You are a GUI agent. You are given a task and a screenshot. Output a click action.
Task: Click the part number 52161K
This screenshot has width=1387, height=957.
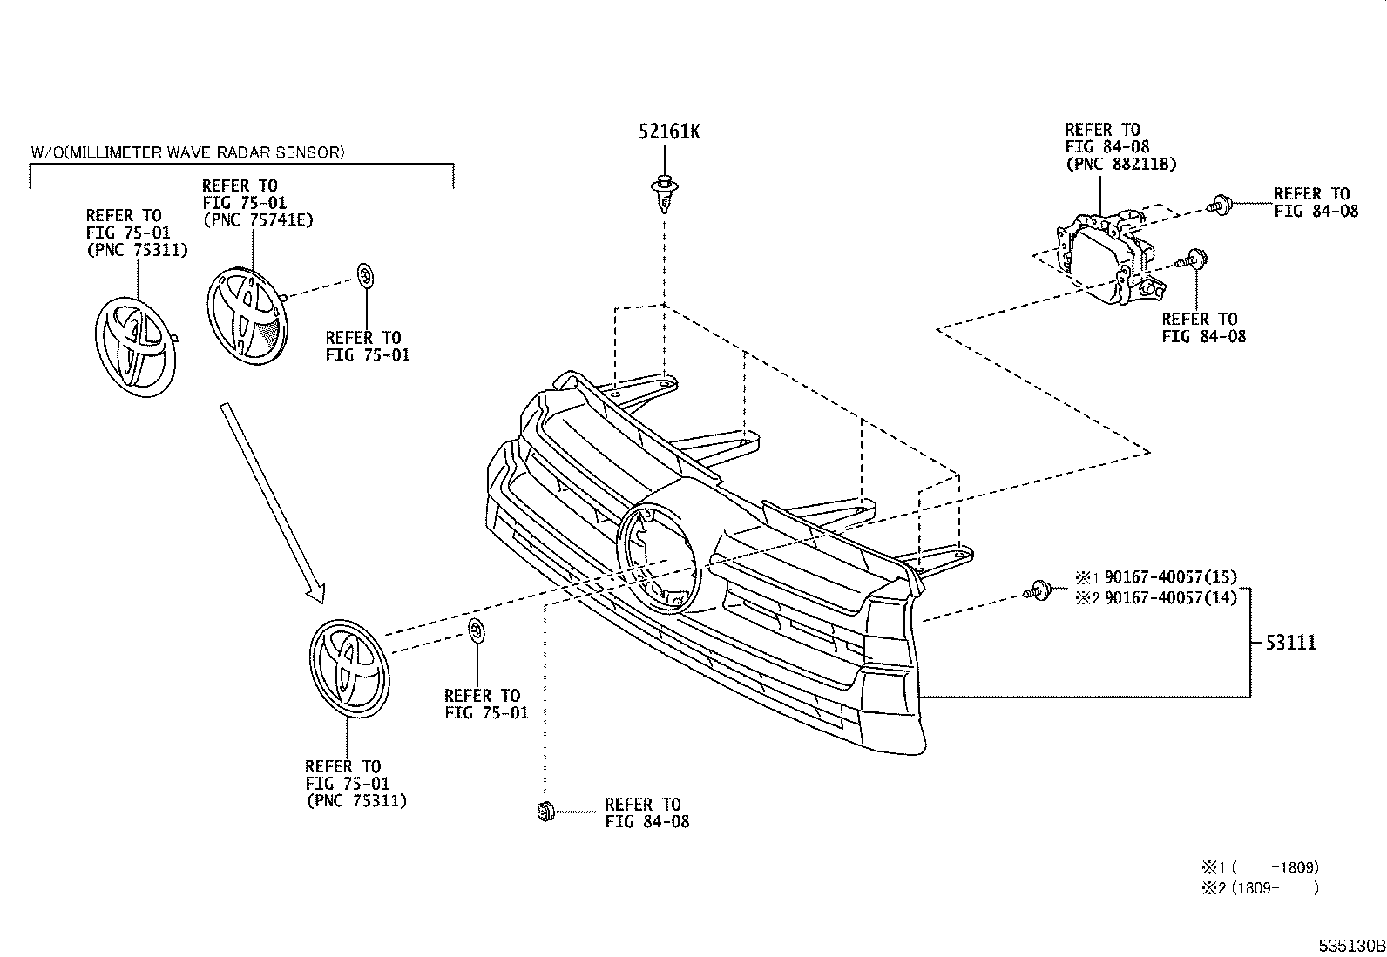668,132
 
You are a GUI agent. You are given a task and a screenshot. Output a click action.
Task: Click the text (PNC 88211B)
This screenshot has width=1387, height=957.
1120,164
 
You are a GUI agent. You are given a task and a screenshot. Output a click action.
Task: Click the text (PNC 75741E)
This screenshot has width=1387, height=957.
258,219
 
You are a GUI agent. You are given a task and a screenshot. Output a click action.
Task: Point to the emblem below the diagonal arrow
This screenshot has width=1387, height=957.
348,669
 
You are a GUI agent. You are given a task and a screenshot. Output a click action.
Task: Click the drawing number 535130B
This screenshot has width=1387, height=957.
1350,946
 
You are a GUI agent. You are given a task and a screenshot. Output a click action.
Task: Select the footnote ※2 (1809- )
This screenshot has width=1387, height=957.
1260,888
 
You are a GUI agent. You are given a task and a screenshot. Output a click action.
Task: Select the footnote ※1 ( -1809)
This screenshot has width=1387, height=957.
1260,867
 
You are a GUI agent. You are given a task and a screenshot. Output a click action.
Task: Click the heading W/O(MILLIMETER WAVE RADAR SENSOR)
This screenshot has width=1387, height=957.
187,152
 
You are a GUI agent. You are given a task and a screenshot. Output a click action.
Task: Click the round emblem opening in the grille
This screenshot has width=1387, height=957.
659,557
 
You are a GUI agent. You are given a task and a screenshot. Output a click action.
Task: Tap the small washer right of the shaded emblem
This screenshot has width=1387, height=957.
366,277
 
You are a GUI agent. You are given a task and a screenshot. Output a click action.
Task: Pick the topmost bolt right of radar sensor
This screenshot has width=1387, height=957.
1218,206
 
